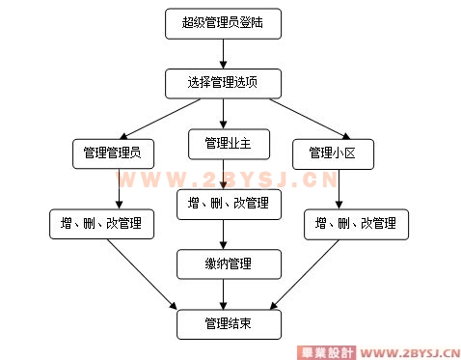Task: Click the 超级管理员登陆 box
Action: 224,22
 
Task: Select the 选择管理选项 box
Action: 224,83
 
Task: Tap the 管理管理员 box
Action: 113,152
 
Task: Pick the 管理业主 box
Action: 228,143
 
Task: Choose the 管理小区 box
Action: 334,152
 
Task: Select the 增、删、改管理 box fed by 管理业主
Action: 229,203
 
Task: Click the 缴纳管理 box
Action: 229,263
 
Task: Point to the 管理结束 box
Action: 229,323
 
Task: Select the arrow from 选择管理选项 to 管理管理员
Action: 158,118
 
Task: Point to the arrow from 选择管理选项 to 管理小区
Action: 294,118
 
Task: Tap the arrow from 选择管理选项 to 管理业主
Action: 225,113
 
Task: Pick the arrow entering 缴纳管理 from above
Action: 226,233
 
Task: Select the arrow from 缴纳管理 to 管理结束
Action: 227,292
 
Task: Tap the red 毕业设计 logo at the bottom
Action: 325,351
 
